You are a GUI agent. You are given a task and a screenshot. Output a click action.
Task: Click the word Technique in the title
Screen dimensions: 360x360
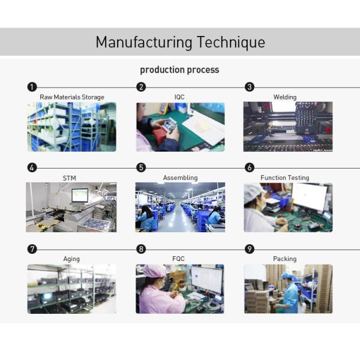coord(231,43)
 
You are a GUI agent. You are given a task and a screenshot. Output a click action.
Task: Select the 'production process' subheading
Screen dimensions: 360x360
coord(179,70)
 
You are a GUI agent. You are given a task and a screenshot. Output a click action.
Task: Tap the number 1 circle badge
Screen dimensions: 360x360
coord(32,87)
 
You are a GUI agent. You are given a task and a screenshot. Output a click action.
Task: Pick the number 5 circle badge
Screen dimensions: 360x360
coord(141,168)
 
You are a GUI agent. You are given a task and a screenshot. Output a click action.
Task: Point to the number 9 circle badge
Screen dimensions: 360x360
coord(250,249)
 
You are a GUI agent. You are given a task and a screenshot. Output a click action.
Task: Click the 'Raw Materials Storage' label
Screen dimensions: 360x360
coord(72,97)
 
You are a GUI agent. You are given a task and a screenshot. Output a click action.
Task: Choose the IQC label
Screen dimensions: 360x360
coord(179,97)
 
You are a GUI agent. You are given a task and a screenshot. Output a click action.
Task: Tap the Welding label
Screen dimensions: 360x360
coord(285,97)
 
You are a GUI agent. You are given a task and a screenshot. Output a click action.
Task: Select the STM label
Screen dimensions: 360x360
coord(70,178)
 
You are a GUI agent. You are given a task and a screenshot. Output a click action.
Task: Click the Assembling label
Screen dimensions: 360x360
coord(180,178)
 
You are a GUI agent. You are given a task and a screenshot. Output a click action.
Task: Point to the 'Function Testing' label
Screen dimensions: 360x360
coord(285,178)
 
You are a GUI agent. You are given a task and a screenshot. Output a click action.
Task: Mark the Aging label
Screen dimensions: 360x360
coord(71,259)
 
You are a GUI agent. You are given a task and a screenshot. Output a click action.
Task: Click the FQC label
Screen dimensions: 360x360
coord(179,259)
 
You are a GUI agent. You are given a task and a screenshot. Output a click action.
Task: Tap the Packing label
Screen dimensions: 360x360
coord(285,259)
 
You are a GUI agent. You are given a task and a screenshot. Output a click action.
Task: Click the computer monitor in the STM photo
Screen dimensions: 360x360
coord(80,195)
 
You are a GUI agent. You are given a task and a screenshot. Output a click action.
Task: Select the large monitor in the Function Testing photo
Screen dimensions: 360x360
coord(310,197)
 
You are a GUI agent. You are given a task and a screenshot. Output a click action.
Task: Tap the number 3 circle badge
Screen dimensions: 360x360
coord(250,87)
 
